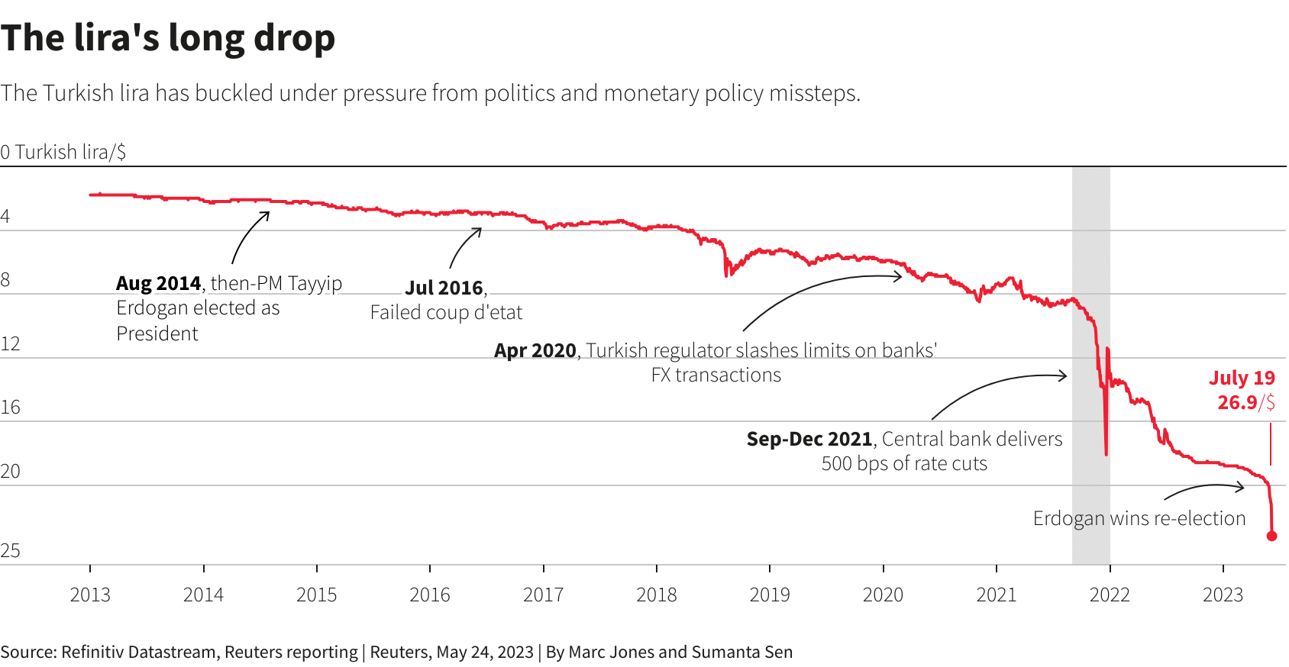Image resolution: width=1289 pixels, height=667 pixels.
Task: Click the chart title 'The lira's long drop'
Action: pyautogui.click(x=168, y=38)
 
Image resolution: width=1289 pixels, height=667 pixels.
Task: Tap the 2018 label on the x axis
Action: pyautogui.click(x=657, y=594)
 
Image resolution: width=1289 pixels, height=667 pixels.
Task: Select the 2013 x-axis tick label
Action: pyautogui.click(x=90, y=594)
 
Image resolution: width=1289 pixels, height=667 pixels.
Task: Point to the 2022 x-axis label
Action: pyautogui.click(x=1110, y=594)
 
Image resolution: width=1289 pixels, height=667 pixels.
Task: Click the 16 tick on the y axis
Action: pyautogui.click(x=11, y=408)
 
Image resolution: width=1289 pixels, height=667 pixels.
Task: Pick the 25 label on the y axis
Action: pyautogui.click(x=11, y=551)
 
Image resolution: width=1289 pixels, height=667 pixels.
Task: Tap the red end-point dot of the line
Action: pyautogui.click(x=1271, y=536)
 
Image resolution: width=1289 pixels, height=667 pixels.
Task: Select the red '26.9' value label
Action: pyautogui.click(x=1237, y=402)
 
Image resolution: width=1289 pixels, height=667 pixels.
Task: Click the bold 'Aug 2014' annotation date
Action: pyautogui.click(x=158, y=284)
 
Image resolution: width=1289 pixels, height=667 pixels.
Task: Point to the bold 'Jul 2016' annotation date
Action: pyautogui.click(x=444, y=288)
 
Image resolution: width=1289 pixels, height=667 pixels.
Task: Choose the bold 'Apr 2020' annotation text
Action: pyautogui.click(x=535, y=350)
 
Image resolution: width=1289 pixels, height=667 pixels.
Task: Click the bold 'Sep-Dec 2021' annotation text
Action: pyautogui.click(x=809, y=440)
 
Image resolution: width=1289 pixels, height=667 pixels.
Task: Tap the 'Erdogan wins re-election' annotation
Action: pyautogui.click(x=1139, y=519)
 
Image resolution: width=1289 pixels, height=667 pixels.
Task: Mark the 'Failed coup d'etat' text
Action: pyautogui.click(x=446, y=313)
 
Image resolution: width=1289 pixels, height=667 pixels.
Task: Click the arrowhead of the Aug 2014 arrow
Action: pyautogui.click(x=267, y=214)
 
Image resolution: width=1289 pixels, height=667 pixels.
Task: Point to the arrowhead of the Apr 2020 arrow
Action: pyautogui.click(x=900, y=276)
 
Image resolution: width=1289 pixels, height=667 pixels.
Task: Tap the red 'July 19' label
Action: pyautogui.click(x=1242, y=378)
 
